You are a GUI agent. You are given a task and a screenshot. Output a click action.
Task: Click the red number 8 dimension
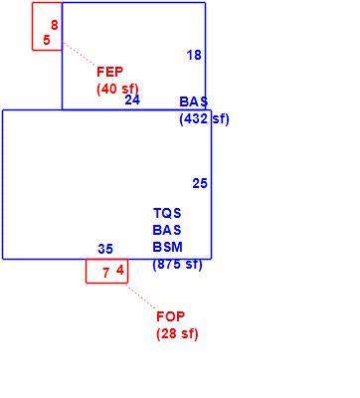click(x=55, y=25)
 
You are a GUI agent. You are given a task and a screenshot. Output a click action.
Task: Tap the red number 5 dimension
click(x=47, y=40)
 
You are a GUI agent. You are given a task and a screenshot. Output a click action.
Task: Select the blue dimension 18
click(x=194, y=55)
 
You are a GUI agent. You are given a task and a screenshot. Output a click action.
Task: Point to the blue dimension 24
click(x=132, y=99)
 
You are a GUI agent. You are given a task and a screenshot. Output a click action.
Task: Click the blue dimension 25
click(x=200, y=183)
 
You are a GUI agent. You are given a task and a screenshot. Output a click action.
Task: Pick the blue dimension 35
click(x=105, y=249)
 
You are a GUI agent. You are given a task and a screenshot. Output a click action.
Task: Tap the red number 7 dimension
click(x=106, y=273)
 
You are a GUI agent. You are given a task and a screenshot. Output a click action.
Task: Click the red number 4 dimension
click(x=120, y=271)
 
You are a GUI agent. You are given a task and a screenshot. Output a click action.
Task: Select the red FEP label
click(x=110, y=72)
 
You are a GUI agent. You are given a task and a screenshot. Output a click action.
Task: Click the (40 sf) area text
click(x=117, y=89)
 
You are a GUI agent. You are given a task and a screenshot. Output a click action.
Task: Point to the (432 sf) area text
click(x=204, y=118)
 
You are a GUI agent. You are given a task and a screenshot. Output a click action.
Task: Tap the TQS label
click(x=167, y=213)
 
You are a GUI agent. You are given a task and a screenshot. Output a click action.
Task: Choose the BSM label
click(x=168, y=247)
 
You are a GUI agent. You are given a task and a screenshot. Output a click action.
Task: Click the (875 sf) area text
click(x=177, y=265)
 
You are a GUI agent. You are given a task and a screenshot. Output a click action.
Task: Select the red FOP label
click(x=170, y=316)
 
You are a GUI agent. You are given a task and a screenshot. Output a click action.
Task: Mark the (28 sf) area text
click(x=177, y=334)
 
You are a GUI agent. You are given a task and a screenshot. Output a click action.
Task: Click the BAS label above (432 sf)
click(x=194, y=101)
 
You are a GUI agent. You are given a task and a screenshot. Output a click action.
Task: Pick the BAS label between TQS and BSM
click(x=167, y=230)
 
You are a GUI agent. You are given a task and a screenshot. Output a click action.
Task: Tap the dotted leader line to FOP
click(x=142, y=296)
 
